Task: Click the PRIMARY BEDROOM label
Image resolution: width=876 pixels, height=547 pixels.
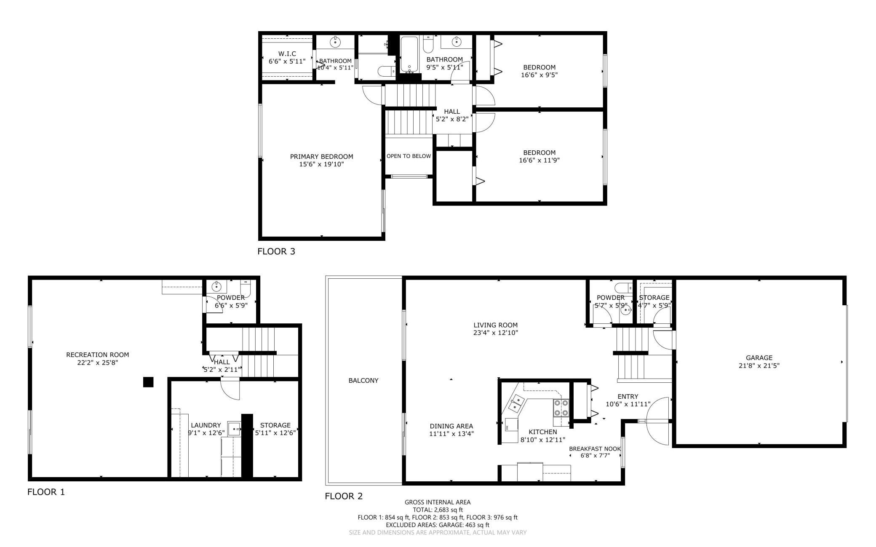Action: coord(321,157)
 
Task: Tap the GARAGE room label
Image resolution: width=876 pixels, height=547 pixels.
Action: coord(759,358)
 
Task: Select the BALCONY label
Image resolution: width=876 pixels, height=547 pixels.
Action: coord(363,381)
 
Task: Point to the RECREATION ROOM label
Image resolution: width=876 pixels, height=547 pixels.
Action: coord(98,355)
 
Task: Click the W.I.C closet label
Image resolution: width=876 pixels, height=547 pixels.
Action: coord(287,54)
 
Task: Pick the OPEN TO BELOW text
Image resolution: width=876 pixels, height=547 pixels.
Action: coord(409,156)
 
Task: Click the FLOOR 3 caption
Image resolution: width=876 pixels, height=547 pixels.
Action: coord(276,251)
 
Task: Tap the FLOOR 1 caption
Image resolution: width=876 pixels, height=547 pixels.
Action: coord(46,492)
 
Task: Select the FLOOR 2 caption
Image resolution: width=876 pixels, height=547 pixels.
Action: coord(344,496)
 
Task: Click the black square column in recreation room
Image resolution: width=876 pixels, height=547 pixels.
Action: coord(148,382)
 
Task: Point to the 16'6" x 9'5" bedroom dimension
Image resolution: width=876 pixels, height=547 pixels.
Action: coord(539,75)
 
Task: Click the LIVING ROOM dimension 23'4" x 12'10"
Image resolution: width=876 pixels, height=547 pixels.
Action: coord(495,333)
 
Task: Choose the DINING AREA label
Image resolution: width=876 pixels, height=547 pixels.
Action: coord(451,426)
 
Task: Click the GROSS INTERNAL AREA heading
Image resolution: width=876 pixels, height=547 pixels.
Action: coord(438,502)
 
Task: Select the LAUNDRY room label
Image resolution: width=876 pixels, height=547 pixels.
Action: coord(206,425)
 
